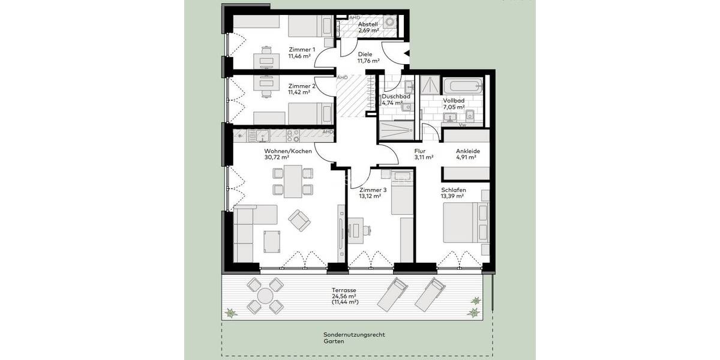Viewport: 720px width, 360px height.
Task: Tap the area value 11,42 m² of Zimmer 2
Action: (299, 92)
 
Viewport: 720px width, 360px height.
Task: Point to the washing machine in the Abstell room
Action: (391, 22)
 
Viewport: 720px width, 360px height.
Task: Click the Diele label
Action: (365, 54)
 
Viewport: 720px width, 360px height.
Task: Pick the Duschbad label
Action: (395, 95)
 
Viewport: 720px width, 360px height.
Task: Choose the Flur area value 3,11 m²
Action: (424, 158)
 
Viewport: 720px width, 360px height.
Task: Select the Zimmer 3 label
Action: (373, 190)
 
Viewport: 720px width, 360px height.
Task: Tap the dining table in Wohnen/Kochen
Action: (293, 182)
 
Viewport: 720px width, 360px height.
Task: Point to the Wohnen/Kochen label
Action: (287, 151)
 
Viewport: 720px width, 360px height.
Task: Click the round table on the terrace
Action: (265, 295)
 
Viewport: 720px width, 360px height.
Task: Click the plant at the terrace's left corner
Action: (231, 313)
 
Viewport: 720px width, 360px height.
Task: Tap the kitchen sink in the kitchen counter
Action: (262, 134)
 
